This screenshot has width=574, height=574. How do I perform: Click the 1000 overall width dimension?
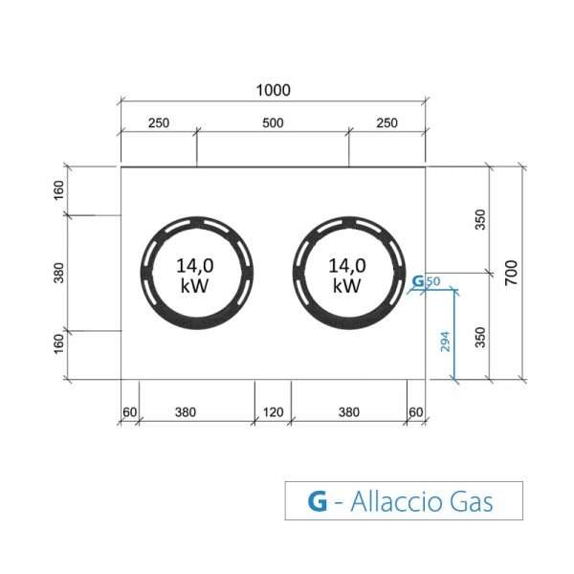273,90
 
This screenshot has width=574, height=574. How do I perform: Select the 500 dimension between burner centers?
273,123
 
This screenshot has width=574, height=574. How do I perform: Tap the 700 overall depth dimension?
512,273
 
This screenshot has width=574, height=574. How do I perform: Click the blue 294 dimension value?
445,342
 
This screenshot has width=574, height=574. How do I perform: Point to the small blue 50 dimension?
433,281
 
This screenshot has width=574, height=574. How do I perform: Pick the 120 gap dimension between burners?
273,412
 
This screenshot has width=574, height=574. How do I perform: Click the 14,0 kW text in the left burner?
195,276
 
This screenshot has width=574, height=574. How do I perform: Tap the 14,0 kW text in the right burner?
347,276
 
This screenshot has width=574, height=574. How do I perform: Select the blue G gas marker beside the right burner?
418,281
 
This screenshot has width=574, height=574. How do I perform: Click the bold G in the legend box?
318,501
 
